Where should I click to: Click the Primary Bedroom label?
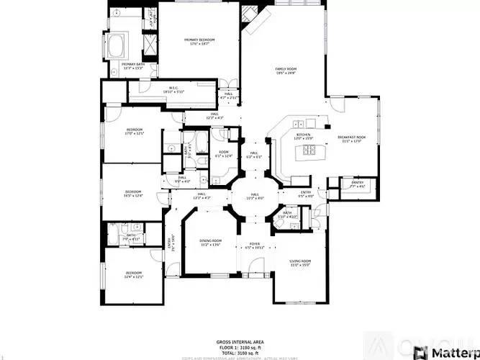[x=199, y=42]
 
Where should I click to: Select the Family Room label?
[x=286, y=71]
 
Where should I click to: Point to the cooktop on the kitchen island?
[x=309, y=150]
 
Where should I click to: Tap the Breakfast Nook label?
[x=351, y=139]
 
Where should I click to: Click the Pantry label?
[x=358, y=184]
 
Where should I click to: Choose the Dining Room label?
[x=211, y=243]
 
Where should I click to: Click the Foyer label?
[x=255, y=246]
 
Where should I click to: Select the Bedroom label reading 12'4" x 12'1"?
[x=134, y=274]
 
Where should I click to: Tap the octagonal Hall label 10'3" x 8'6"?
[x=255, y=195]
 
